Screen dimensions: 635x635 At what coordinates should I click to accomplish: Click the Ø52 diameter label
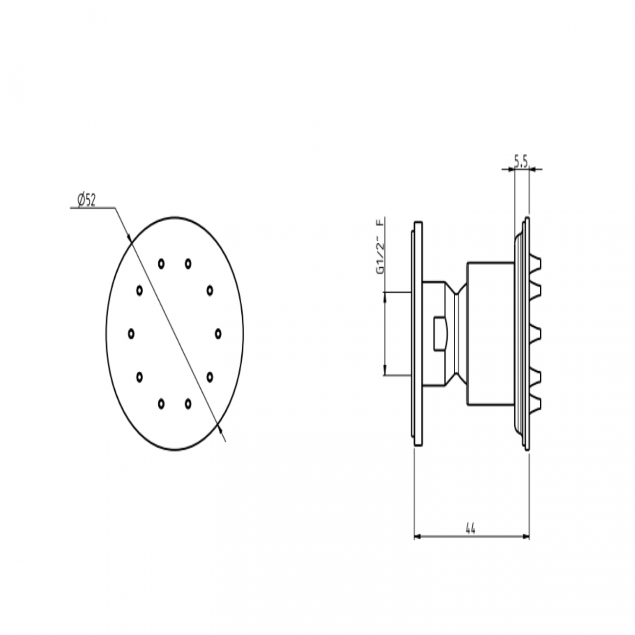[86, 200]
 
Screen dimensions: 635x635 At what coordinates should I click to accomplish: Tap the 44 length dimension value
[470, 529]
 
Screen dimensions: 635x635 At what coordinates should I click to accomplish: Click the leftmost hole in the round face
[131, 334]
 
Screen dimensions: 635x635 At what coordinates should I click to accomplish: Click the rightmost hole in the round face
[218, 334]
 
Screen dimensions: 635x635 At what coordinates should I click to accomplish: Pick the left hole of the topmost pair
[161, 264]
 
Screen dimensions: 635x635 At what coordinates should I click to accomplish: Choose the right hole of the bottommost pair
[188, 403]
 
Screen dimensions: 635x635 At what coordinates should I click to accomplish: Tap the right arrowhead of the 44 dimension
[527, 537]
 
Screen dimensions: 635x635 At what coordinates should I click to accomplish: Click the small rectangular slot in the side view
[440, 334]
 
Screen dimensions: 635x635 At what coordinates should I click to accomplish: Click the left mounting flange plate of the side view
[418, 334]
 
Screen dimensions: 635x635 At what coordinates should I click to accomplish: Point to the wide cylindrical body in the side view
[489, 334]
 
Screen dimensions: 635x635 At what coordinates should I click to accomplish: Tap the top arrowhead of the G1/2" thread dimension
[385, 295]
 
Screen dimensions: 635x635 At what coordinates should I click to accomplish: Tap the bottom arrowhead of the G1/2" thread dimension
[385, 373]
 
